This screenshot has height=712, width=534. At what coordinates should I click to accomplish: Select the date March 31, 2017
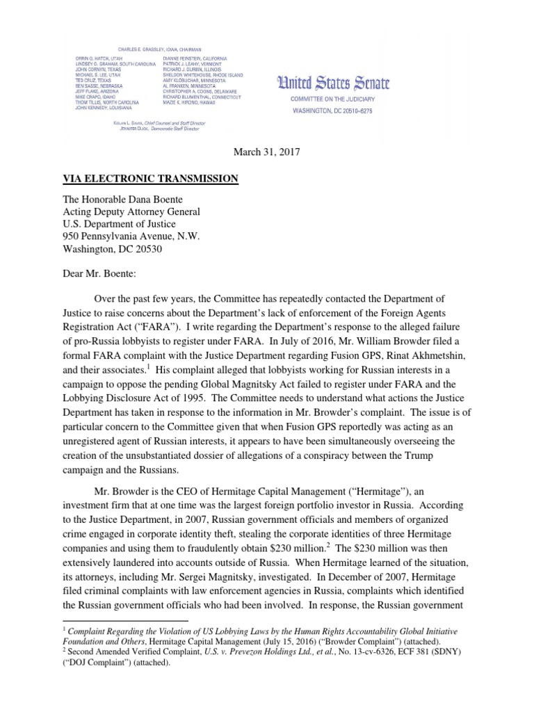point(266,152)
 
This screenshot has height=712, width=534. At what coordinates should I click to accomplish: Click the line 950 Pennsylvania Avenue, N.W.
point(131,236)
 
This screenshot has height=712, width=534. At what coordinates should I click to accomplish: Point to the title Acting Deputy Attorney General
point(131,211)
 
